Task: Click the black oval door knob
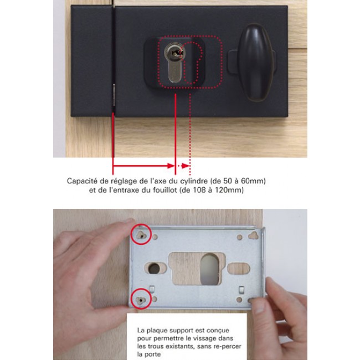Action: click(x=256, y=63)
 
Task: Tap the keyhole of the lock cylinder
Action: click(x=176, y=53)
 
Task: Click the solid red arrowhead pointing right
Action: click(x=171, y=166)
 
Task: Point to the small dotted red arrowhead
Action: click(x=186, y=166)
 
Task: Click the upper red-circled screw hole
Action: click(x=141, y=235)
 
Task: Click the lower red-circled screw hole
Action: click(x=141, y=300)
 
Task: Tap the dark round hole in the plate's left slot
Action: click(x=154, y=268)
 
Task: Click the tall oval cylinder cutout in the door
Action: click(x=209, y=269)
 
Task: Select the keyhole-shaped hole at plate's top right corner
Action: click(x=253, y=235)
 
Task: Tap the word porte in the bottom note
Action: click(x=152, y=354)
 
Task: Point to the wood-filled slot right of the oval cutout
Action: click(x=238, y=269)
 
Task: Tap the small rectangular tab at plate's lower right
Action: click(x=241, y=290)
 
